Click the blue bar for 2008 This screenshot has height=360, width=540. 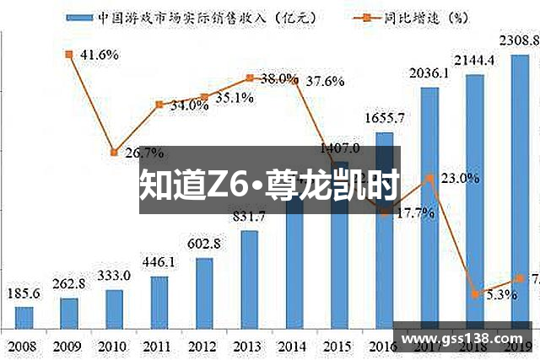tap(24, 318)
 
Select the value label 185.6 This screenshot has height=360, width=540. tap(24, 294)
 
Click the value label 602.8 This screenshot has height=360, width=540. tap(203, 244)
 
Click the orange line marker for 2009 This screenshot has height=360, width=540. tap(68, 54)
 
